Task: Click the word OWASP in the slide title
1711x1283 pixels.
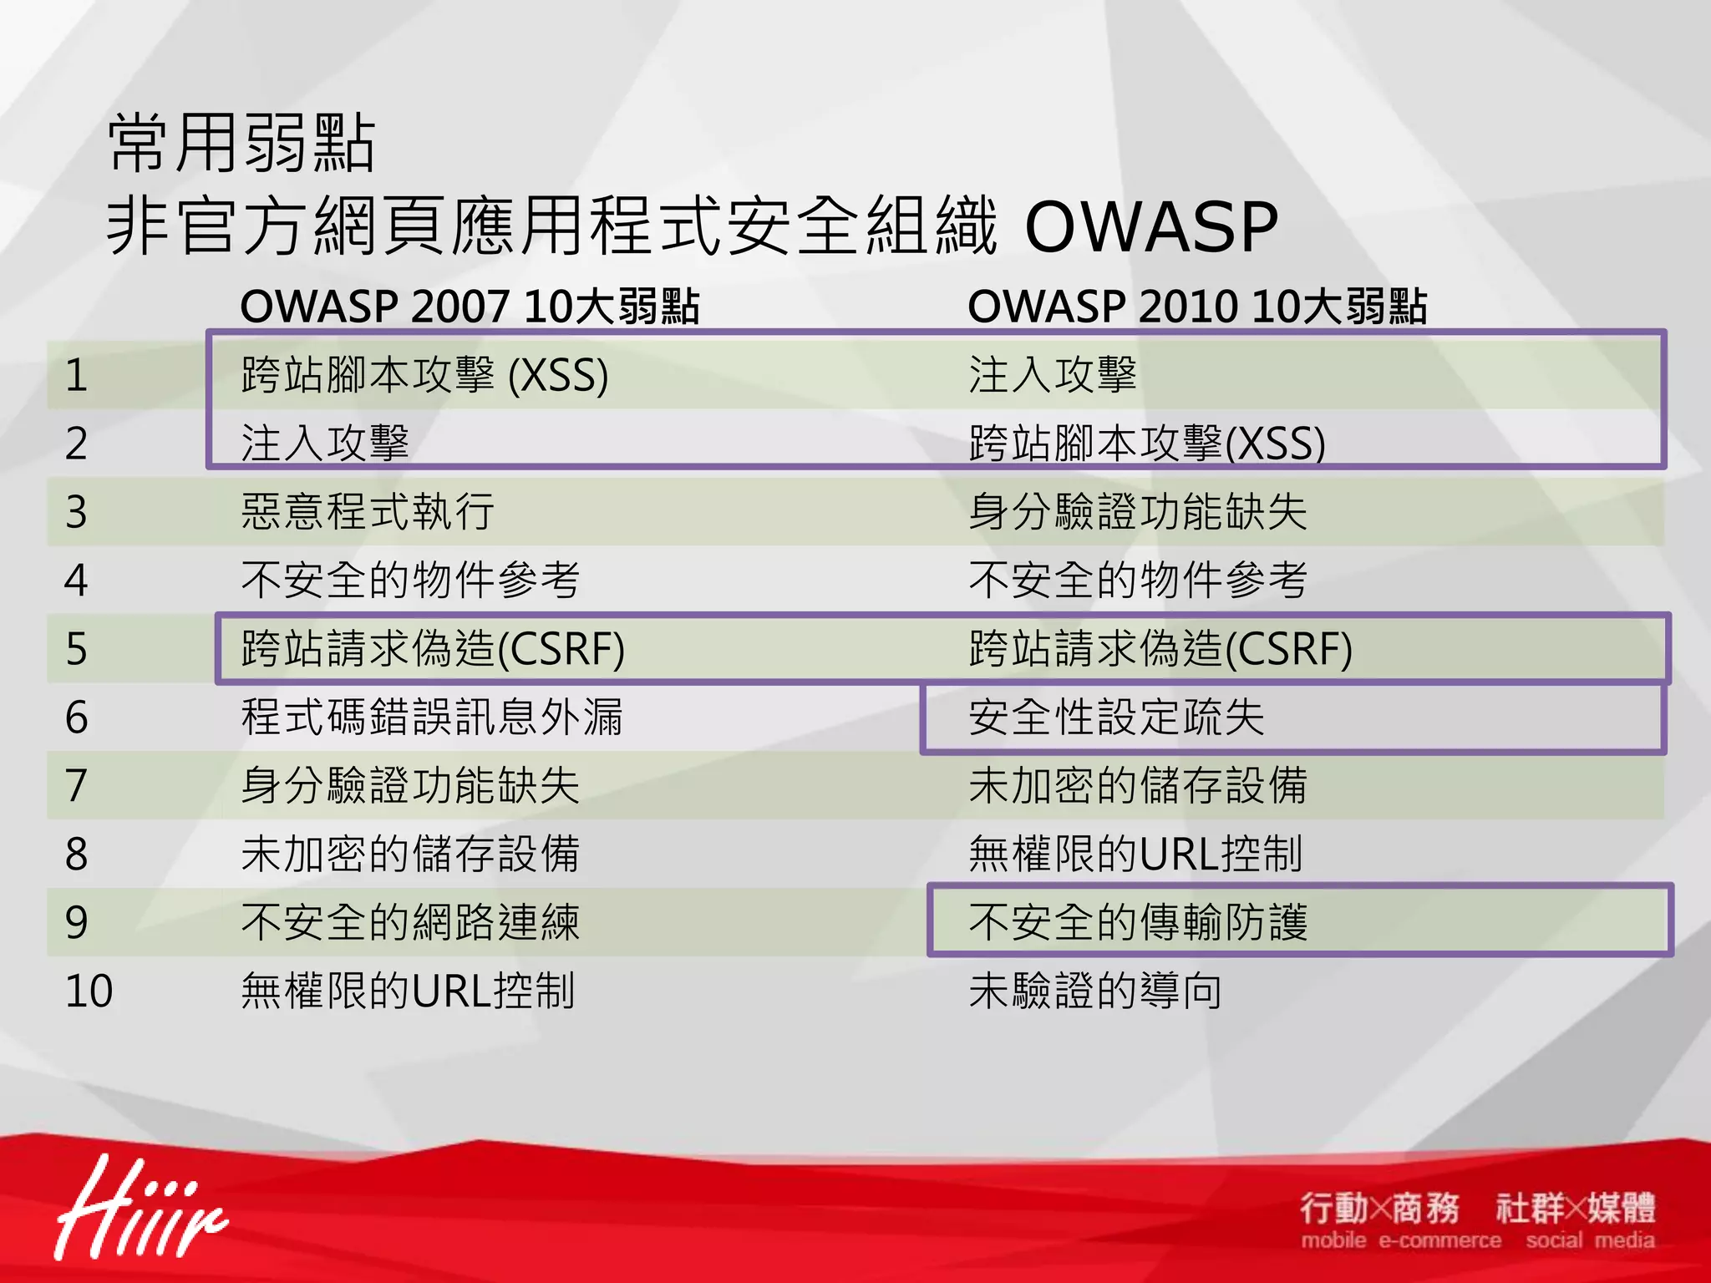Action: [x=1151, y=227]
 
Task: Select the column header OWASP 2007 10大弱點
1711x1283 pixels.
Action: [x=470, y=307]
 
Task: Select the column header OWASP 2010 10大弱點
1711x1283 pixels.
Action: [x=1197, y=307]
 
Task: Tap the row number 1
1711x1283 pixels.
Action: [x=76, y=375]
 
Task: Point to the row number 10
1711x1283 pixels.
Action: [x=89, y=991]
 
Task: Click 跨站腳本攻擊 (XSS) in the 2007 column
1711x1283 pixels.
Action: [x=424, y=375]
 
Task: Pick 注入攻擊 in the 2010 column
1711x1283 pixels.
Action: [x=1053, y=375]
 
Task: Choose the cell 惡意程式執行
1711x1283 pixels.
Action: [x=368, y=512]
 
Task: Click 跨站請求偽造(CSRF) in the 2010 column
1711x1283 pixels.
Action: [x=1160, y=649]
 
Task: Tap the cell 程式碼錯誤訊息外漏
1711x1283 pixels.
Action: [x=432, y=718]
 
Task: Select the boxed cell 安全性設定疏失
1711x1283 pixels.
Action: [x=1116, y=718]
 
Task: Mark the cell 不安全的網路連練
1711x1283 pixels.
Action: [x=410, y=923]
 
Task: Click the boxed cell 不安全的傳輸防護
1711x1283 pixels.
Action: [x=1138, y=923]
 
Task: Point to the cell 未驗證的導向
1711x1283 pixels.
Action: [x=1095, y=991]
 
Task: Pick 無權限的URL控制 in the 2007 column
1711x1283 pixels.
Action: [x=408, y=991]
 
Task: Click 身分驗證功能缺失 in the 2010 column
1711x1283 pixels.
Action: [x=1138, y=512]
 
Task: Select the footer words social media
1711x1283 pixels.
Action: [x=1590, y=1240]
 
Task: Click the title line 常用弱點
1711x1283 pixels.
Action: [x=242, y=144]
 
